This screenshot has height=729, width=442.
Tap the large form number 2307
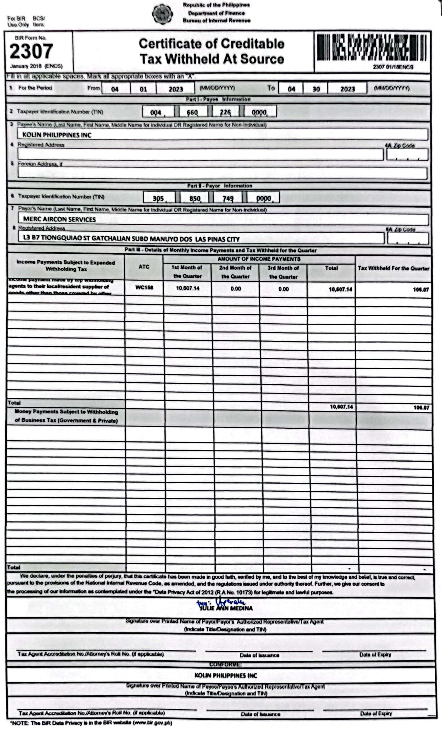pyautogui.click(x=31, y=51)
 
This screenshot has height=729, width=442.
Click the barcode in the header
pyautogui.click(x=371, y=48)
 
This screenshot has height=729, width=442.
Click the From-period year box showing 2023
pyautogui.click(x=176, y=89)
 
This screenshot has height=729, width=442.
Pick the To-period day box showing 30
pyautogui.click(x=316, y=89)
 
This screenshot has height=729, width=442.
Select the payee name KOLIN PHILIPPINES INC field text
pyautogui.click(x=57, y=135)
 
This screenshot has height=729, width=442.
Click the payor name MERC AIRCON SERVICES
pyautogui.click(x=59, y=219)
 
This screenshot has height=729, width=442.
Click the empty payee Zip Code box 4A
pyautogui.click(x=407, y=155)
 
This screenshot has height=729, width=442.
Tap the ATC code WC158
pyautogui.click(x=144, y=287)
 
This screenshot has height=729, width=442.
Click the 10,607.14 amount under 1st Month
pyautogui.click(x=188, y=288)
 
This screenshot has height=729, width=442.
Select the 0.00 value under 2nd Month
pyautogui.click(x=236, y=289)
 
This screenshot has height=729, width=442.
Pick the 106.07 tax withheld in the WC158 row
pyautogui.click(x=421, y=290)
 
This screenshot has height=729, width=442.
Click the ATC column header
pyautogui.click(x=144, y=267)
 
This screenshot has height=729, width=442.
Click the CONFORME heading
pyautogui.click(x=225, y=664)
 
